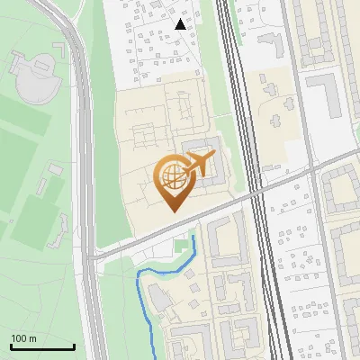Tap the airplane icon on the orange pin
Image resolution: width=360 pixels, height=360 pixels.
point(197,166)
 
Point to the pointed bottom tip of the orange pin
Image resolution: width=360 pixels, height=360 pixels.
point(175,211)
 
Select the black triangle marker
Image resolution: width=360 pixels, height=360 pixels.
point(181,25)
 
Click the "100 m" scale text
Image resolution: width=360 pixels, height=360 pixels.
point(23,338)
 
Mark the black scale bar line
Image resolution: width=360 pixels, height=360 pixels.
point(42,347)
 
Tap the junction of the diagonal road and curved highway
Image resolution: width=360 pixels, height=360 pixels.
point(90,259)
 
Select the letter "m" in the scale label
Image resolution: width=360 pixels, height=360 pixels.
point(31,338)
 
